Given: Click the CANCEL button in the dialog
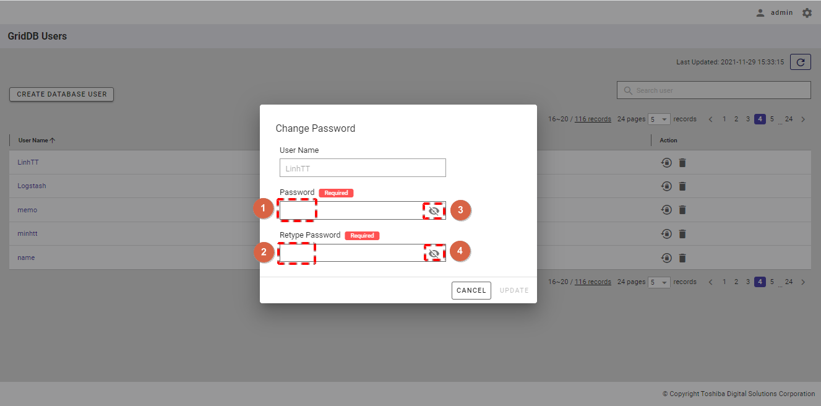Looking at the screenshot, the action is (471, 290).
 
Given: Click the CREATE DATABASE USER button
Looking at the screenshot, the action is (62, 94).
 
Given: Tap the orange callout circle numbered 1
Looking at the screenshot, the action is (263, 209).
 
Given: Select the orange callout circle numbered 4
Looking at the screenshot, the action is (460, 251).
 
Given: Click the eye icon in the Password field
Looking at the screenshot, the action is (434, 211).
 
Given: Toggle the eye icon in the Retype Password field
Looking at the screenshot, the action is (434, 253).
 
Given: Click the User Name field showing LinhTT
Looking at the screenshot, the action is (363, 168).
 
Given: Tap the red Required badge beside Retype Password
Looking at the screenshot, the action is (362, 235).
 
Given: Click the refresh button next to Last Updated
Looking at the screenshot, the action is (801, 62).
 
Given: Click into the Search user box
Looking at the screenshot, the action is (713, 90).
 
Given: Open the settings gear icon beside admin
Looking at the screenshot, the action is (807, 13).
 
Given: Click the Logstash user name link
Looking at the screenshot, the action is (32, 186).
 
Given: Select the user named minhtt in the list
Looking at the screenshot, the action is (27, 233).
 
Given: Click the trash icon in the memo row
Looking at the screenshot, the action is (682, 210).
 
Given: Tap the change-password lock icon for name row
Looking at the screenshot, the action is (666, 258).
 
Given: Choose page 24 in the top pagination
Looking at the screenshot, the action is (789, 119).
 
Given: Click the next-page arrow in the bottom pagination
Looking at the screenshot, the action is (803, 282).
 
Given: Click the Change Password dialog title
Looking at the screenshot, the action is (315, 128).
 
